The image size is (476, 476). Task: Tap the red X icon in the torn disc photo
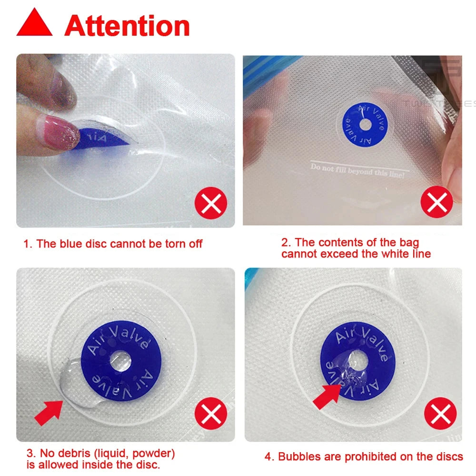211,204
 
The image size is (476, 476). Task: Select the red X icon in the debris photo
211,416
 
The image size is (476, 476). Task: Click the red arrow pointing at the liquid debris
49,411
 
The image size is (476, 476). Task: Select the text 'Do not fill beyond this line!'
357,171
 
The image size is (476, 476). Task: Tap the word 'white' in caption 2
375,254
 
